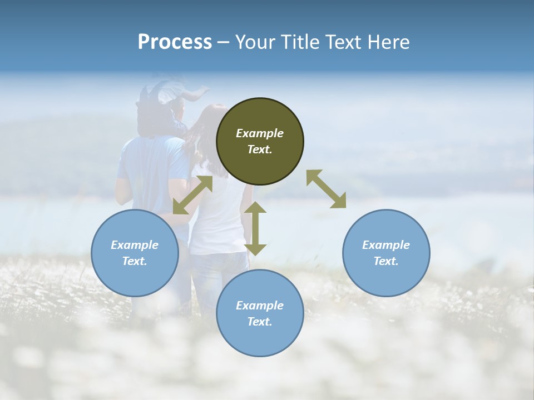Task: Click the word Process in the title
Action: click(175, 42)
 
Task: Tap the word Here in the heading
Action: click(389, 42)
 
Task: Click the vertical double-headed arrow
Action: click(255, 229)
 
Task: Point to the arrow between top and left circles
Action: click(192, 195)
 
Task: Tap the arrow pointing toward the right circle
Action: click(327, 189)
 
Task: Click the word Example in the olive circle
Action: click(260, 133)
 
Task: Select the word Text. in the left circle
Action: click(135, 261)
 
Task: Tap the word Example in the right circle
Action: click(386, 245)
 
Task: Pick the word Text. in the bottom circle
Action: click(260, 322)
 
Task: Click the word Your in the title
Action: click(254, 42)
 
